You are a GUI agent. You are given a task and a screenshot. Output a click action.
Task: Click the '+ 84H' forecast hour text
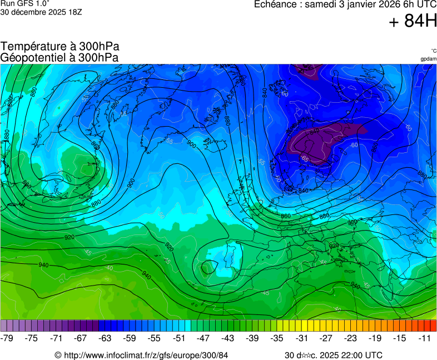click(x=413, y=21)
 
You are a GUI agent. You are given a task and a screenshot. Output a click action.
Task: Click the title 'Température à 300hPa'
click(x=59, y=47)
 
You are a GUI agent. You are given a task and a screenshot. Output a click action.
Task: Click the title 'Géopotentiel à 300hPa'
click(x=59, y=57)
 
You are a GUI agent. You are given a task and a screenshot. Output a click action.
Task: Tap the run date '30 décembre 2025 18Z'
click(x=41, y=12)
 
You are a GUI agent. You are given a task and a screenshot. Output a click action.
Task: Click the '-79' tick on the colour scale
click(x=8, y=338)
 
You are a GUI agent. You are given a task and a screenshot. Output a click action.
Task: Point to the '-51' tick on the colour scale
click(x=179, y=338)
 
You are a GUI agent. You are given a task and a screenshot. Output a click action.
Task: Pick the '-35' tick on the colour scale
click(x=277, y=338)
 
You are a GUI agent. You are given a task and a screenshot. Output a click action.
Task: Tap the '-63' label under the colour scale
click(x=106, y=338)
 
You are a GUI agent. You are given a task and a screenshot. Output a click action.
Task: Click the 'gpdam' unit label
click(x=428, y=59)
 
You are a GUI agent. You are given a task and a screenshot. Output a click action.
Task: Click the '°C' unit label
click(x=433, y=51)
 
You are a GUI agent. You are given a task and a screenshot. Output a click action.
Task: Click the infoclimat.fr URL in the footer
click(x=141, y=355)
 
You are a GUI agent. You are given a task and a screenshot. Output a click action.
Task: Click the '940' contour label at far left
click(x=43, y=265)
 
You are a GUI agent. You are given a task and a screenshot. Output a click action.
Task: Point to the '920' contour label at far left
click(x=69, y=237)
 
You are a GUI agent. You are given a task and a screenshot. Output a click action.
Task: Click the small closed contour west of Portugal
click(x=209, y=267)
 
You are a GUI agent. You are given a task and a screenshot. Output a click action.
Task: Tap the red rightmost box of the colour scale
click(x=433, y=326)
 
